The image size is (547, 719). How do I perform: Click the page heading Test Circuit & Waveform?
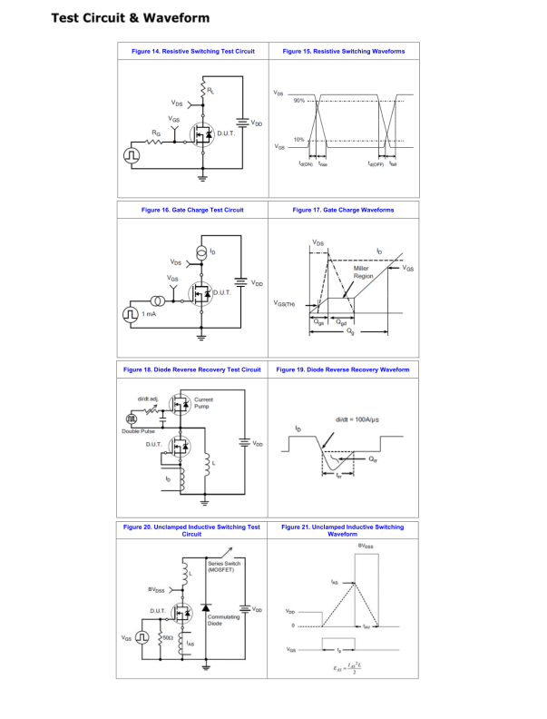click(130, 18)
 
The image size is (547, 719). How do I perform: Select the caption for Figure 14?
click(192, 52)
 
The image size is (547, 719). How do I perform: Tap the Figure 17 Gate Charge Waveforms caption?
click(343, 210)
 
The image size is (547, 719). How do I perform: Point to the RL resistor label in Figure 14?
click(211, 91)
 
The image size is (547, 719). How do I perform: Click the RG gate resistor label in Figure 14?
click(156, 133)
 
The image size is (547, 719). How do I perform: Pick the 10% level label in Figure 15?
click(298, 140)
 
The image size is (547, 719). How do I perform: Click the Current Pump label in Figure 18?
click(204, 403)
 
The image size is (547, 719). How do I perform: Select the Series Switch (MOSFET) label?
click(224, 566)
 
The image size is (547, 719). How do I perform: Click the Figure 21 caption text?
click(343, 530)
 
